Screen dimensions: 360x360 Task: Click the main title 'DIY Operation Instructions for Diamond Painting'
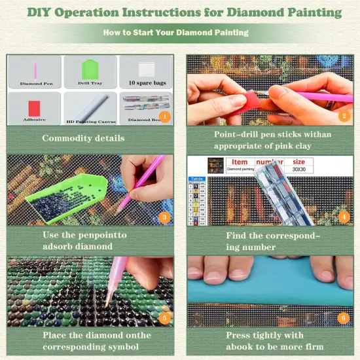point(179,12)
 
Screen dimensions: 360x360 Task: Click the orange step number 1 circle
point(164,117)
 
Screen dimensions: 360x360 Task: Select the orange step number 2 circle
point(343,117)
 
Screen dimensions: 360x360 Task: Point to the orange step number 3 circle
point(164,217)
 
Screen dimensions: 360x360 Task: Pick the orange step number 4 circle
point(343,217)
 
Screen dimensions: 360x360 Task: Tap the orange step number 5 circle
point(164,319)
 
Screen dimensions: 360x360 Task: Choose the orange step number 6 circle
point(343,319)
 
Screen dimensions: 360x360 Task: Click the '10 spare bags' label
point(145,84)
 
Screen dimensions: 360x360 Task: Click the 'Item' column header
point(240,160)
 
